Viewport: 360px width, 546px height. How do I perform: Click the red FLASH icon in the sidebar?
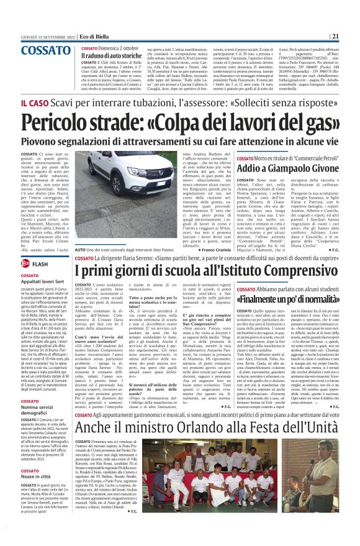[25, 263]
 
